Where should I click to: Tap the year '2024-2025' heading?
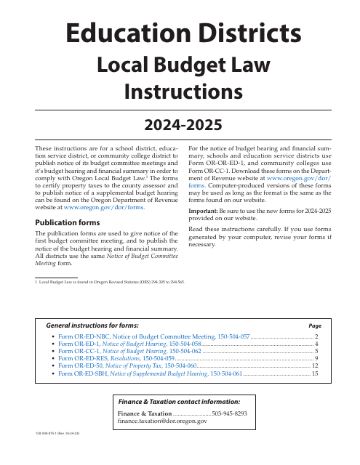(x=180, y=125)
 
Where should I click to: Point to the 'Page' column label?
(x=315, y=326)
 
